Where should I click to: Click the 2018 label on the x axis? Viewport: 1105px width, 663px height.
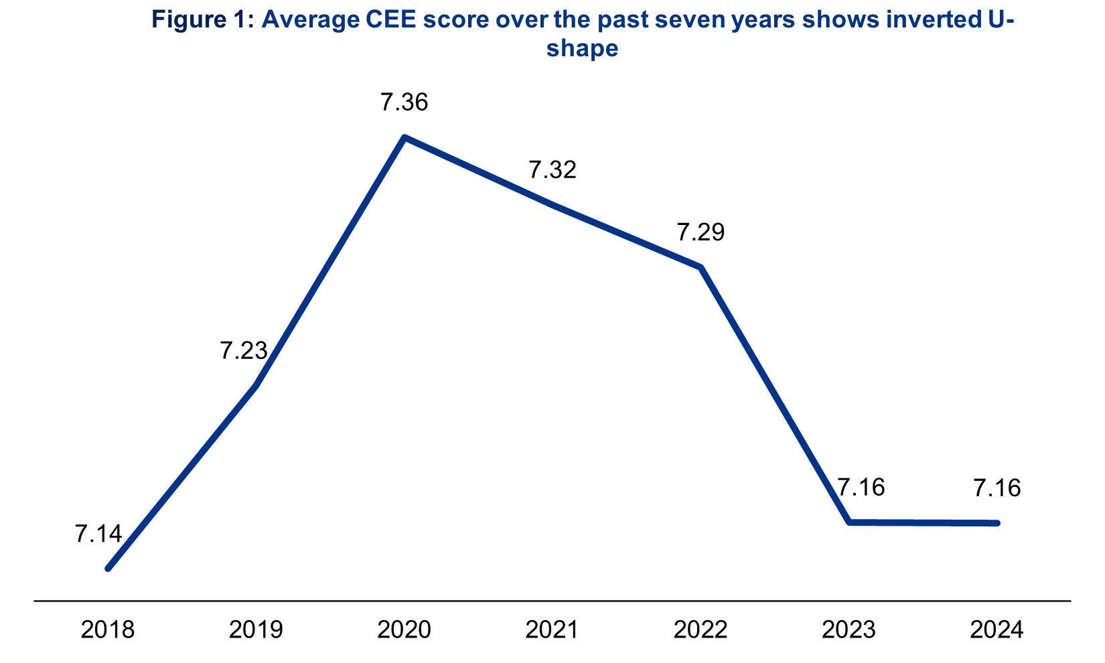click(x=107, y=630)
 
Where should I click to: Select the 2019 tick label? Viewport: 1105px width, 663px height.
click(x=256, y=630)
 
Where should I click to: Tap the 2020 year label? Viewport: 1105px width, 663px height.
click(x=404, y=630)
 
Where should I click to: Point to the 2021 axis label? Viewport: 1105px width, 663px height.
click(x=552, y=630)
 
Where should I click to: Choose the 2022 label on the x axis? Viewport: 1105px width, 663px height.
click(x=701, y=630)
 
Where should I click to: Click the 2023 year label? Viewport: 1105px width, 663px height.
click(x=849, y=630)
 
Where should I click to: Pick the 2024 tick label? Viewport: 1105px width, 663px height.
click(x=997, y=630)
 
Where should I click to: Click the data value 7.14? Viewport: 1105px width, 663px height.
click(x=98, y=534)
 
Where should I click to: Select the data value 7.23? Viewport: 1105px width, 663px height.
click(x=244, y=350)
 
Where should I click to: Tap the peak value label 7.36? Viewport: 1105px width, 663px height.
click(x=404, y=102)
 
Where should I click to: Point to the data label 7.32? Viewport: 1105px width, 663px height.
click(x=552, y=170)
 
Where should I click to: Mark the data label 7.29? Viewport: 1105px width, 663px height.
click(x=701, y=232)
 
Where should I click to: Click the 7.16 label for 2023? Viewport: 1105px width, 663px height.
click(x=861, y=487)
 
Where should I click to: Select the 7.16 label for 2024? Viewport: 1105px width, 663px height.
click(x=997, y=488)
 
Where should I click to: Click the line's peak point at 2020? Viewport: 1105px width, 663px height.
click(x=404, y=138)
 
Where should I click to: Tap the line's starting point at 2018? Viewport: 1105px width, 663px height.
click(x=108, y=569)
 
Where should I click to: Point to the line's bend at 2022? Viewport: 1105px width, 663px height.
click(x=701, y=267)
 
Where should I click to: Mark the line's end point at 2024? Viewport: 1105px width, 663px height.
click(x=997, y=523)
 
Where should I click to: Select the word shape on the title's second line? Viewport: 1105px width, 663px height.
click(x=582, y=49)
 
